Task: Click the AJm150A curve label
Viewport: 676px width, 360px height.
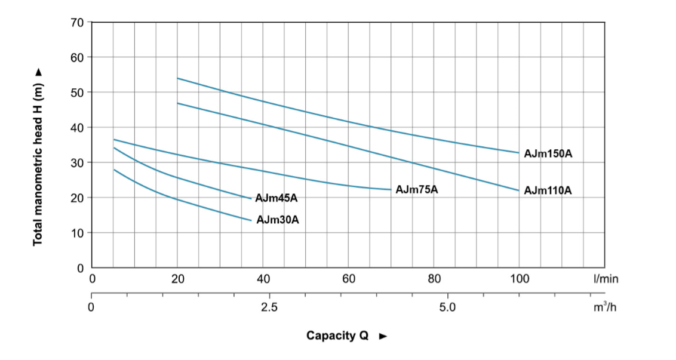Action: click(x=548, y=154)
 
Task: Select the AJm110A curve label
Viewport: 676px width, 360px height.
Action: click(x=548, y=191)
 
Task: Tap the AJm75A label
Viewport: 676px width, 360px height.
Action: click(x=417, y=190)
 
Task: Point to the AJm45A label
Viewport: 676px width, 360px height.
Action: click(x=276, y=198)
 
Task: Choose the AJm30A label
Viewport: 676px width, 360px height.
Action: click(x=278, y=220)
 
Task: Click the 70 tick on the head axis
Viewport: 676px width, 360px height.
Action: click(x=76, y=23)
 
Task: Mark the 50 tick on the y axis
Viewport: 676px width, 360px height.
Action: click(x=76, y=93)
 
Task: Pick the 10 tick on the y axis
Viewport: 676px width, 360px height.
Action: click(x=76, y=233)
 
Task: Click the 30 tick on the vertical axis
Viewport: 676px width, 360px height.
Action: click(x=76, y=162)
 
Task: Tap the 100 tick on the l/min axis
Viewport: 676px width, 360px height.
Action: click(x=520, y=279)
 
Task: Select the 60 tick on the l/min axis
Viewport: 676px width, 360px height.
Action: click(x=349, y=279)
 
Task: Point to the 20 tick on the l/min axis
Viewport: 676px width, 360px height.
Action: click(x=177, y=279)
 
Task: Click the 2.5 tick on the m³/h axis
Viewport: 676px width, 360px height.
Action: click(x=269, y=307)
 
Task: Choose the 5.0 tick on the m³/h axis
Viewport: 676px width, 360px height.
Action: click(x=447, y=307)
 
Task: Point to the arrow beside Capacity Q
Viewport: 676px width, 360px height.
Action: click(x=383, y=336)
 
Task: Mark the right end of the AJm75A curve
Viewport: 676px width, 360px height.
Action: click(x=391, y=190)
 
